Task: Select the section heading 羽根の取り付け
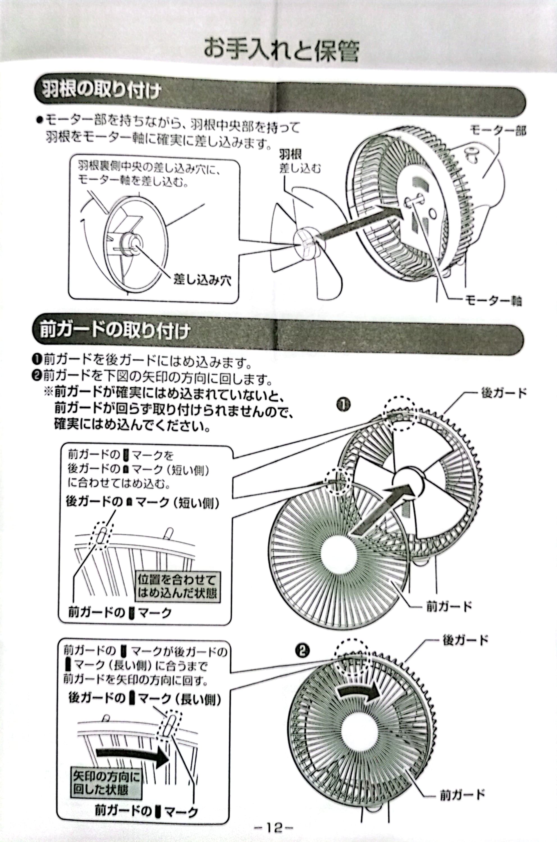click(x=102, y=90)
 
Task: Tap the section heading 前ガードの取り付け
click(x=114, y=331)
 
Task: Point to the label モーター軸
click(x=493, y=301)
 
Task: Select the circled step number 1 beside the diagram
click(x=344, y=404)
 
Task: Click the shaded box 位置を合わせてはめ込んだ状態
click(x=177, y=587)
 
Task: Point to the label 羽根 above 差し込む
click(x=290, y=154)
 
